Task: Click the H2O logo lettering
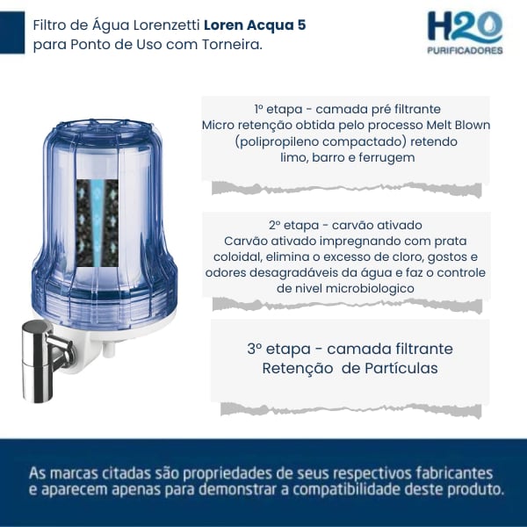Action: [x=465, y=27]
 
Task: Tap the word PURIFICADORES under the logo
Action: [x=465, y=50]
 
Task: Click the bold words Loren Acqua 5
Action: [x=255, y=25]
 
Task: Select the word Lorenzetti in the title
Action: [x=167, y=25]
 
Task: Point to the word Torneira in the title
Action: [x=232, y=45]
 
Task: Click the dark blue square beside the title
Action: [x=12, y=32]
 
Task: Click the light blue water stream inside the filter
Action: [x=97, y=223]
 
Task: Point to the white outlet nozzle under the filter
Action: [x=109, y=348]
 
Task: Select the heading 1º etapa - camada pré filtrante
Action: [x=348, y=109]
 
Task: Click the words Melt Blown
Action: [x=458, y=125]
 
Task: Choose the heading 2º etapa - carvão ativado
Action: [x=345, y=225]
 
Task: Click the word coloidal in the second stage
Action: [x=238, y=256]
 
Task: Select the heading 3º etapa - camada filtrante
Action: [x=350, y=349]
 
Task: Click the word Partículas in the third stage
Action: [x=401, y=368]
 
